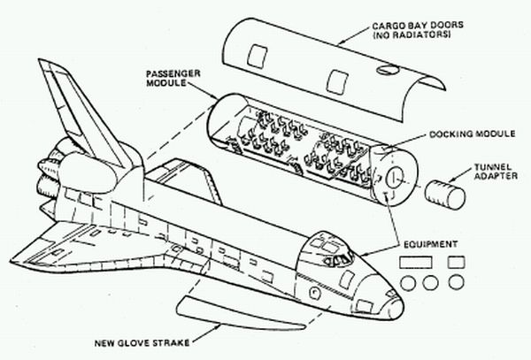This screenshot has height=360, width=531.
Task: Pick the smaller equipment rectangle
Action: point(457,263)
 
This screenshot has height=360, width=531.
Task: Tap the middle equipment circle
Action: point(431,284)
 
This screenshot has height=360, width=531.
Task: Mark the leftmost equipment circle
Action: point(407,284)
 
